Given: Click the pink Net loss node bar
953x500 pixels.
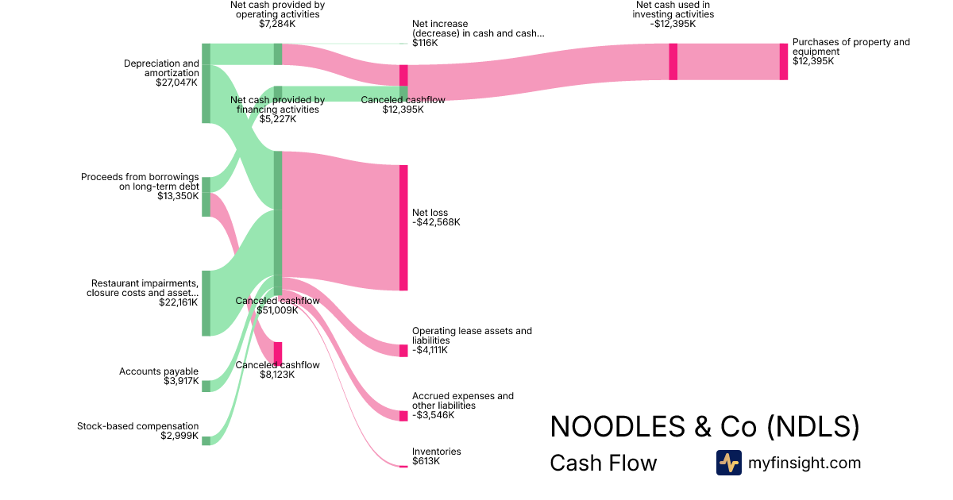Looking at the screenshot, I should tap(403, 228).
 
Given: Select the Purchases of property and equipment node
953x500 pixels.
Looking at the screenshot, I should tap(783, 62).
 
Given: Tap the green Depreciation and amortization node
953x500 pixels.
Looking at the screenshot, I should tap(206, 83).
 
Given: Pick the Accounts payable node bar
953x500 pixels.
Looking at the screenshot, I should tap(206, 386).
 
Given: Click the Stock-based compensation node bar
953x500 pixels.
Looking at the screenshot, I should tap(206, 440).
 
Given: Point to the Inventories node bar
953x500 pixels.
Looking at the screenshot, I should tap(403, 466).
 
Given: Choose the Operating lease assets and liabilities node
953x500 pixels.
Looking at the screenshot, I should tap(403, 351).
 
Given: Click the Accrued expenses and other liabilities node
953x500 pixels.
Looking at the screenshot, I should tap(403, 416).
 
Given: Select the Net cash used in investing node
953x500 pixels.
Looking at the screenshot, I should tap(673, 62).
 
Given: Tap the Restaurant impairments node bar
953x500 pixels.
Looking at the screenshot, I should tap(206, 303).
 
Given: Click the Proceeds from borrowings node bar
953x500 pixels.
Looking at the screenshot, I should tap(206, 197).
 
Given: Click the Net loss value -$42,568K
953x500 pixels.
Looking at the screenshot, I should tap(436, 222).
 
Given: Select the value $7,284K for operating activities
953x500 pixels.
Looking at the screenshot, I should tap(277, 24).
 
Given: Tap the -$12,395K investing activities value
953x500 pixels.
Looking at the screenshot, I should tap(673, 24).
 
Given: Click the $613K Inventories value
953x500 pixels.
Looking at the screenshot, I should tap(426, 461).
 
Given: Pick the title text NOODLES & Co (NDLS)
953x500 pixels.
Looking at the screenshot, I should tap(704, 427).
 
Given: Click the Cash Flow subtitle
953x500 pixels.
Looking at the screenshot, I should tap(603, 463).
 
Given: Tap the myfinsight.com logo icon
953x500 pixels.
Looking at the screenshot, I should tap(728, 463).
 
